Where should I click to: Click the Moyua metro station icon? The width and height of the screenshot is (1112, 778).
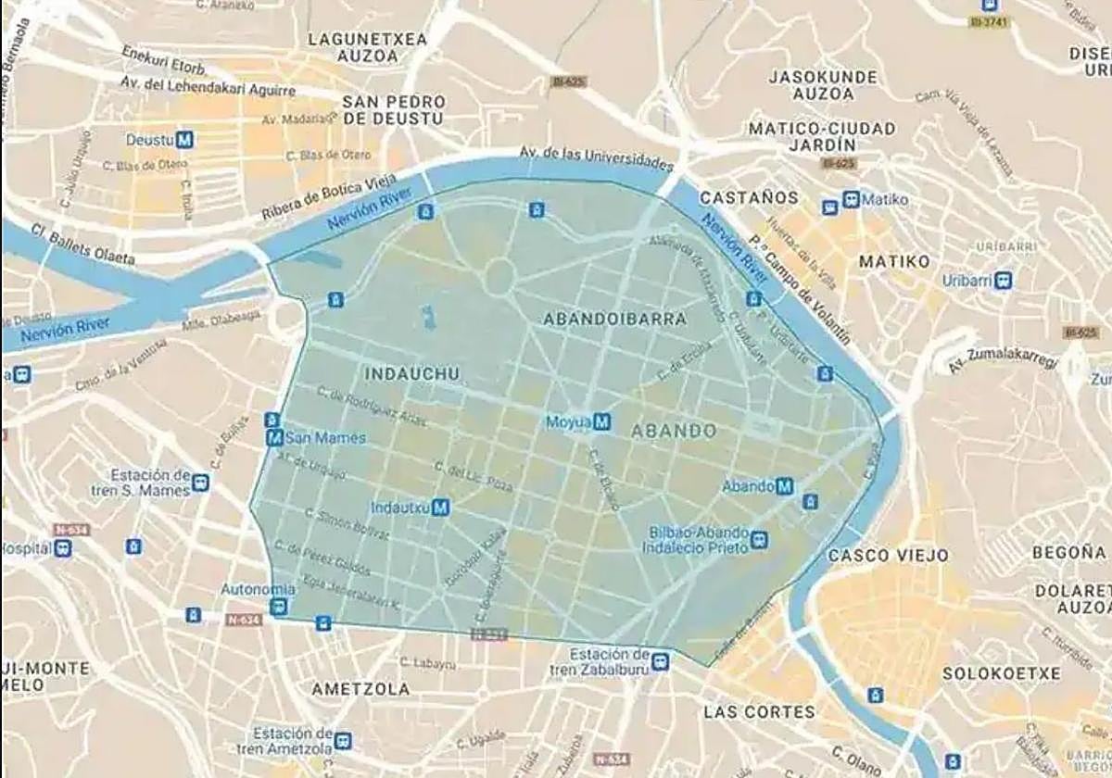[x=602, y=422]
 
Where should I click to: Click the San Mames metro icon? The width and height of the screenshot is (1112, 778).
[x=274, y=438]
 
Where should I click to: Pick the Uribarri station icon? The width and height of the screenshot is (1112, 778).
[x=1003, y=281]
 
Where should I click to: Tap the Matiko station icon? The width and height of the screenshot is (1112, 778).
[x=851, y=199]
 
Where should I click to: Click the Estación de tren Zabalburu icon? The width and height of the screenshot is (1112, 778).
[x=660, y=661]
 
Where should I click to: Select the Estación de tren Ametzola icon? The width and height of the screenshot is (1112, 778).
[x=344, y=740]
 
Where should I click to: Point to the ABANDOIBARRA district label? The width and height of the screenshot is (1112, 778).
[x=615, y=320]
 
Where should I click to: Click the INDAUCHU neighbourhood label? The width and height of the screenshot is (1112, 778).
[x=412, y=374]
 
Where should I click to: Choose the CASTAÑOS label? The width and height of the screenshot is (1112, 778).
[x=749, y=198]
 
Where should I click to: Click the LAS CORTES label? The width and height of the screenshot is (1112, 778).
[x=759, y=712]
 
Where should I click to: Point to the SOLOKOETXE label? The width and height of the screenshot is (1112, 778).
[x=1001, y=673]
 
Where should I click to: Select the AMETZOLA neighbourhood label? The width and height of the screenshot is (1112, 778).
[x=360, y=690]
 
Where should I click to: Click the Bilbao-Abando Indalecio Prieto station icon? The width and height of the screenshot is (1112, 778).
[x=760, y=539]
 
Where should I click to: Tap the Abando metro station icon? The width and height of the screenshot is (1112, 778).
[x=784, y=486]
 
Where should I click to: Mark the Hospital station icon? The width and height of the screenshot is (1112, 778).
[x=62, y=548]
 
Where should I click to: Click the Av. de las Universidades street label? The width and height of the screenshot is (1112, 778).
[x=595, y=157]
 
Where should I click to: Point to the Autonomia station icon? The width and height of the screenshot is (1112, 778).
[x=278, y=607]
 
